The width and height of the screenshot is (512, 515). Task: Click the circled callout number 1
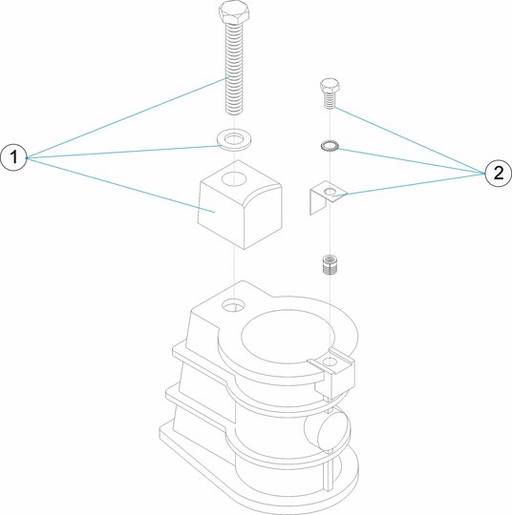click(x=13, y=157)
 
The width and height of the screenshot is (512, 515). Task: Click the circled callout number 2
click(x=499, y=173)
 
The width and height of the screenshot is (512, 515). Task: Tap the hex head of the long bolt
click(x=233, y=12)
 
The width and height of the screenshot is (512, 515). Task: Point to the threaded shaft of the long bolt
click(x=233, y=69)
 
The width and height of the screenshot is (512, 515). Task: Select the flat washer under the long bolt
click(x=233, y=140)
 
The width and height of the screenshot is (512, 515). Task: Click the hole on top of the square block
click(x=234, y=179)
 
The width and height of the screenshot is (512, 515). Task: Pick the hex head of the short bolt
click(x=330, y=85)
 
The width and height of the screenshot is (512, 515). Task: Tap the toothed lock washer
click(x=331, y=146)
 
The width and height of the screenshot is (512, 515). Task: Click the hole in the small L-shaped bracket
click(x=331, y=191)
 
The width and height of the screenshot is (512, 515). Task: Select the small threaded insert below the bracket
click(x=330, y=264)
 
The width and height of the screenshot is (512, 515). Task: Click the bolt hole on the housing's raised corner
click(x=233, y=306)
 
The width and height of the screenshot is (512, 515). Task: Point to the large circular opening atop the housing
click(x=288, y=336)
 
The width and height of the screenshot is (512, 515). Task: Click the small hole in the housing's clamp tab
click(x=331, y=362)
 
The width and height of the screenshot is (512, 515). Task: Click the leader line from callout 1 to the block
click(x=120, y=185)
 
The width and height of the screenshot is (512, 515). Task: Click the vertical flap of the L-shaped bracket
click(x=318, y=201)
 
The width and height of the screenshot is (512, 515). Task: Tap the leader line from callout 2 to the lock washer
click(x=412, y=161)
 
